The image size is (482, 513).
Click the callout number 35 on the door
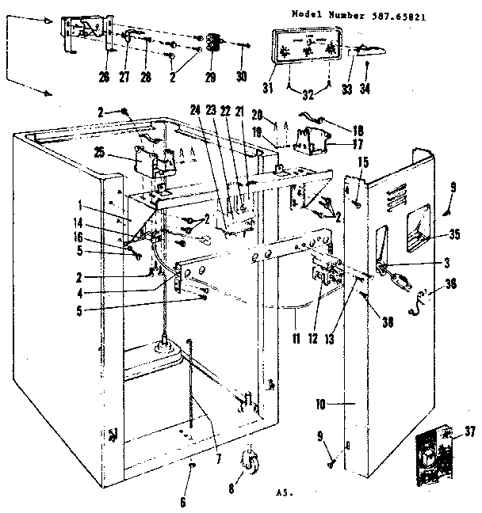453,234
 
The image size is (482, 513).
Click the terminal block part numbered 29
211,43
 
